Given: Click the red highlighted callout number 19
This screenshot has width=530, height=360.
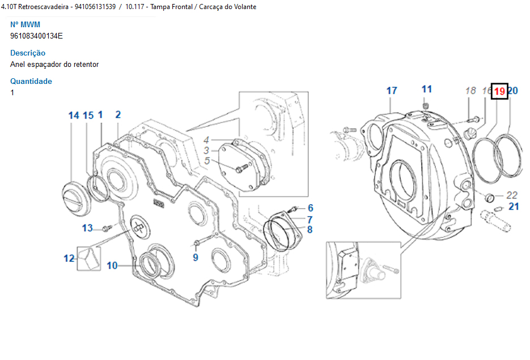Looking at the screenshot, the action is pyautogui.click(x=499, y=91).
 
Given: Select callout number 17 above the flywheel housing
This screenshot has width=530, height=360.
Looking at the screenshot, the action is pyautogui.click(x=392, y=91).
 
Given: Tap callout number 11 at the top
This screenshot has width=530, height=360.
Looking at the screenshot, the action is pyautogui.click(x=427, y=89).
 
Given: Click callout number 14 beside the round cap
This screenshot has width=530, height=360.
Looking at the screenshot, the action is pyautogui.click(x=74, y=116).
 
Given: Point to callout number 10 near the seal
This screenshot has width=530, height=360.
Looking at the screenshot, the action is pyautogui.click(x=112, y=266).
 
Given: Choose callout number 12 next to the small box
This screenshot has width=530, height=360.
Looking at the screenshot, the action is pyautogui.click(x=69, y=259).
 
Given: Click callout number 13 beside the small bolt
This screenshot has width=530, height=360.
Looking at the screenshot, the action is pyautogui.click(x=87, y=228).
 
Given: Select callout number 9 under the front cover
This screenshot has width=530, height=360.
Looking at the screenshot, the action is pyautogui.click(x=196, y=257).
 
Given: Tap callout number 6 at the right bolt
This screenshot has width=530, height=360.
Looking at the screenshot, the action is pyautogui.click(x=310, y=208).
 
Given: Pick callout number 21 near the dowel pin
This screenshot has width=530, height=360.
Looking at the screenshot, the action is pyautogui.click(x=514, y=206).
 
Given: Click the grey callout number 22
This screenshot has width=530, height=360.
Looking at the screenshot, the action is pyautogui.click(x=512, y=196).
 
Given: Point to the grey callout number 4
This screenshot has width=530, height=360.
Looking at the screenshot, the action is pyautogui.click(x=206, y=140).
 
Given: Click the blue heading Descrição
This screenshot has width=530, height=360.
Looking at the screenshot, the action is pyautogui.click(x=28, y=53).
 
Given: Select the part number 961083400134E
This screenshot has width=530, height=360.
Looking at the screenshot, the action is pyautogui.click(x=36, y=36).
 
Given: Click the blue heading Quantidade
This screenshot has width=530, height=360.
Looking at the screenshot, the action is pyautogui.click(x=31, y=81).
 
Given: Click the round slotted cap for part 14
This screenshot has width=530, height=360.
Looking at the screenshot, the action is pyautogui.click(x=77, y=200).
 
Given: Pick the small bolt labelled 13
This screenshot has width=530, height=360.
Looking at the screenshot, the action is pyautogui.click(x=107, y=229).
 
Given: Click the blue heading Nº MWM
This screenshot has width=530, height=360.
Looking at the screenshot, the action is pyautogui.click(x=25, y=25).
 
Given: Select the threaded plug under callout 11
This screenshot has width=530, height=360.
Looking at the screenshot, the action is pyautogui.click(x=426, y=105).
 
